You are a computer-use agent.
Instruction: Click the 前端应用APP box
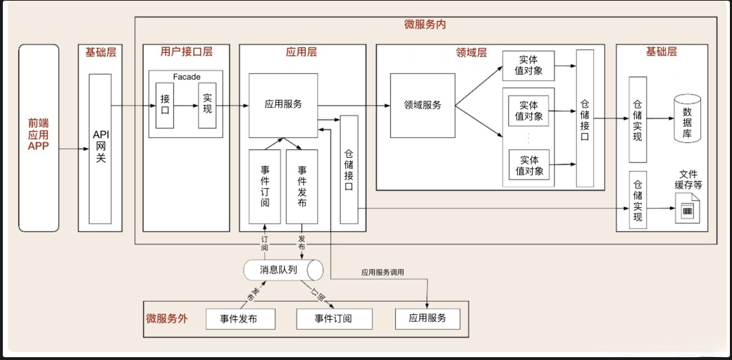[39, 137]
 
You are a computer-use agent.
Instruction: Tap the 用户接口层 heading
[186, 51]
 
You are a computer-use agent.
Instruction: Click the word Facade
[186, 76]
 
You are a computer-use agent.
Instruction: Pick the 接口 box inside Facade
[165, 106]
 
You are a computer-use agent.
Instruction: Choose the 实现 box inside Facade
[207, 106]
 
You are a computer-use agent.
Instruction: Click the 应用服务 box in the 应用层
[283, 104]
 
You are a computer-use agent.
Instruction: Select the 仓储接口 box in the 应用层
[349, 169]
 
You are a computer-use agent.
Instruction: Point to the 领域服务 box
[423, 106]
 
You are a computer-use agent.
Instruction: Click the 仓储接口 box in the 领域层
[584, 118]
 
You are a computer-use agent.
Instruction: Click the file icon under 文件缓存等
[686, 210]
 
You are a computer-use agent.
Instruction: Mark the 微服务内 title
[425, 24]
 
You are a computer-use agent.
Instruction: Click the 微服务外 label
[167, 318]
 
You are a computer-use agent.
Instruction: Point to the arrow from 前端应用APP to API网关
[69, 149]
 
